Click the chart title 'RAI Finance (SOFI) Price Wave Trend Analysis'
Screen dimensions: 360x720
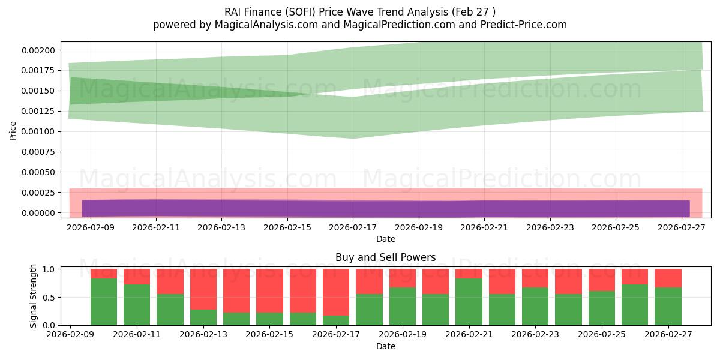pos(359,12)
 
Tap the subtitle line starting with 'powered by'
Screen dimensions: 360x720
pos(359,25)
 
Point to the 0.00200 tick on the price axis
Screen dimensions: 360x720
pos(38,50)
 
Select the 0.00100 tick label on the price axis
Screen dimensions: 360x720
pos(38,131)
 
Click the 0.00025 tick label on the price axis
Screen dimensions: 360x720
pos(38,193)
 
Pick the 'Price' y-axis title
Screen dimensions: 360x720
pos(13,131)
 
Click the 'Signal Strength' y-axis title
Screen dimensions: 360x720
pos(34,296)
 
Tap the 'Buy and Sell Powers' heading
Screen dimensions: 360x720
pos(385,257)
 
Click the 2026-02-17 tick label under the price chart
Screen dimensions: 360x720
pos(353,227)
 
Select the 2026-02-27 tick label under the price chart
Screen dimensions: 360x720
pos(682,227)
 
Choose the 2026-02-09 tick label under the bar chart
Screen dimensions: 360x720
pos(71,335)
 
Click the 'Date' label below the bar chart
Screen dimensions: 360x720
pos(385,346)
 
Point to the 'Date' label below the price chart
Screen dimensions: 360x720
pos(385,239)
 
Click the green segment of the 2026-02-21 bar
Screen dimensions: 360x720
pos(469,302)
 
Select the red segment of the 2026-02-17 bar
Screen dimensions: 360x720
pos(336,292)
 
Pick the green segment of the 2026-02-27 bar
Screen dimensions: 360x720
pos(668,307)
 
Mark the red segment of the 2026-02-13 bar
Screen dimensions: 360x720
pos(203,289)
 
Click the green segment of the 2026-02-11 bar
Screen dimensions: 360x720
pos(137,305)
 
